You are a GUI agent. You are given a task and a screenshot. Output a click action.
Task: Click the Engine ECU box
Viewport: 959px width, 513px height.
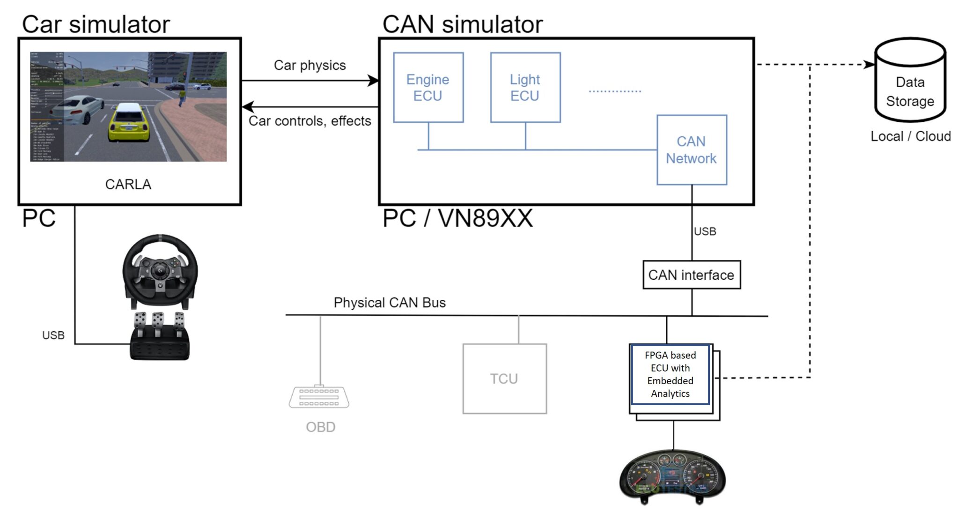pyautogui.click(x=428, y=88)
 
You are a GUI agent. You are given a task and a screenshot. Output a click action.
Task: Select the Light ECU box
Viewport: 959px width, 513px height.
pyautogui.click(x=525, y=88)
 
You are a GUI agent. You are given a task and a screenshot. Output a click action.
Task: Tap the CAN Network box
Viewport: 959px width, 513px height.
pyautogui.click(x=691, y=150)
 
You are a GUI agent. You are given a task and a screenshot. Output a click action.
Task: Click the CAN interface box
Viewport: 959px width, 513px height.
pyautogui.click(x=691, y=275)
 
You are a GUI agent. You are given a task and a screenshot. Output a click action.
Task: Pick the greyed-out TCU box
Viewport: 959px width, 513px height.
pyautogui.click(x=504, y=379)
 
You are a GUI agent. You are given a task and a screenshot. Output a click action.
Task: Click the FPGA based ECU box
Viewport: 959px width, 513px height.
pyautogui.click(x=670, y=374)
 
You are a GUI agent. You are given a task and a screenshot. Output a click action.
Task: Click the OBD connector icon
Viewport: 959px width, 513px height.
pyautogui.click(x=319, y=397)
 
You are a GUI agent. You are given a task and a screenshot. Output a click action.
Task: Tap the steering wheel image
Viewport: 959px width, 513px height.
pyautogui.click(x=160, y=269)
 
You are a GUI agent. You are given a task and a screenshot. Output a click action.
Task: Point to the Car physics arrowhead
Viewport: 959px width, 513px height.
pyautogui.click(x=373, y=81)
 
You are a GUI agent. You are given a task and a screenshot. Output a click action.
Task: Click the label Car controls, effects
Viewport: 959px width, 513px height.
pyautogui.click(x=310, y=121)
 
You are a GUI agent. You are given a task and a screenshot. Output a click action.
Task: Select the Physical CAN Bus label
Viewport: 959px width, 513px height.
pyautogui.click(x=389, y=303)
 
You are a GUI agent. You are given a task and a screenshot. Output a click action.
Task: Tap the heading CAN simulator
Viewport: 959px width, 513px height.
pyautogui.click(x=462, y=24)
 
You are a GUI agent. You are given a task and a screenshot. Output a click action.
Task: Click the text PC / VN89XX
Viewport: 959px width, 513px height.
pyautogui.click(x=457, y=218)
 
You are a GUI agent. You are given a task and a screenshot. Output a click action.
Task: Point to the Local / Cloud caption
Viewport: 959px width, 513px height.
pyautogui.click(x=910, y=136)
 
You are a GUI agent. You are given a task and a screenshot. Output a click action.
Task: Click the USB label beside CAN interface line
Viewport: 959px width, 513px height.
pyautogui.click(x=705, y=231)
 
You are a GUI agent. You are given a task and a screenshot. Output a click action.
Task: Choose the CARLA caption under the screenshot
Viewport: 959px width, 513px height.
pyautogui.click(x=128, y=184)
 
